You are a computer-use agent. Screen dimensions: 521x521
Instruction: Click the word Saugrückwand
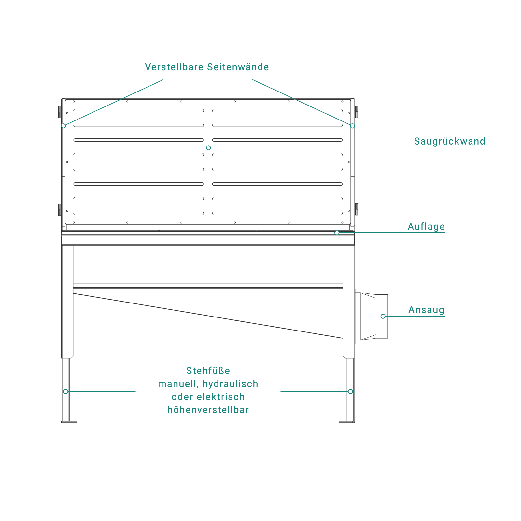pos(449,141)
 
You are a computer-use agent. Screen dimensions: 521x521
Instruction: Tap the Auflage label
pos(426,227)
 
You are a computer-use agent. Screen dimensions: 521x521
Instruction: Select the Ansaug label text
pos(426,310)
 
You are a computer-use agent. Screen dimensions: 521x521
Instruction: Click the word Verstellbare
pos(174,67)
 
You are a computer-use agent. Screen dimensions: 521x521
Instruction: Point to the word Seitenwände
pos(238,67)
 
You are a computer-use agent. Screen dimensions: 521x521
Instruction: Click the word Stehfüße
pos(208,371)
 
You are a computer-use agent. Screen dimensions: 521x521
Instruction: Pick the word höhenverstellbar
pos(208,410)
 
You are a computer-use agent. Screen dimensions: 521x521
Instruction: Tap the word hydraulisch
pos(230,384)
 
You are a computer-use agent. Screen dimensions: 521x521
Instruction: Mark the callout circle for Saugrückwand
pos(208,148)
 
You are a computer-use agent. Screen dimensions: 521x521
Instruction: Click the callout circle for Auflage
pos(337,233)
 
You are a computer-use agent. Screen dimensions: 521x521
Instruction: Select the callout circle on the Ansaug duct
pos(383,316)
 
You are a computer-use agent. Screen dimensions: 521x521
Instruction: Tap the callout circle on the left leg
pos(66,391)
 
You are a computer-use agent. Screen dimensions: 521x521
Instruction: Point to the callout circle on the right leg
pos(350,391)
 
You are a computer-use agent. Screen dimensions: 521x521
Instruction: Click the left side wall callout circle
pos(63,126)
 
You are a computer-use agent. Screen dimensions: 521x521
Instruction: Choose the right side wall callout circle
pos(352,126)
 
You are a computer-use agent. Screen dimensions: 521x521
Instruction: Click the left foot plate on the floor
pos(69,422)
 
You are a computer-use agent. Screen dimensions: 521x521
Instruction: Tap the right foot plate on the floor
pos(347,422)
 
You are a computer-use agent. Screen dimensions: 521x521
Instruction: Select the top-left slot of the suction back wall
pos(139,111)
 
